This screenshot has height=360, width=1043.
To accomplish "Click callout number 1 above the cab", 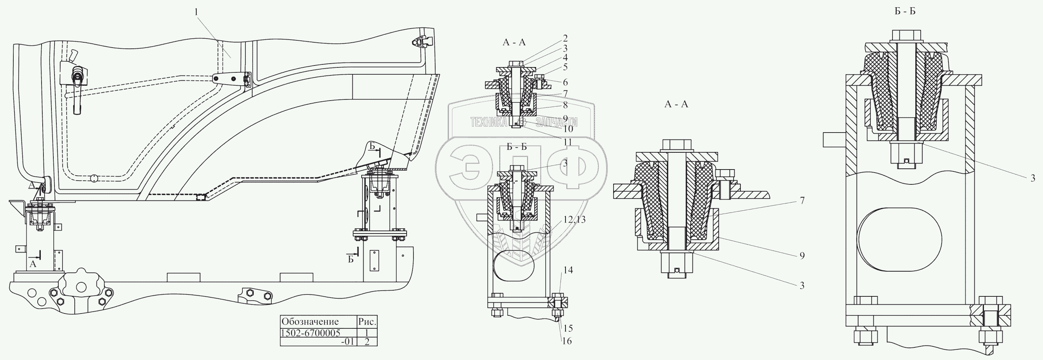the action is click(x=196, y=13).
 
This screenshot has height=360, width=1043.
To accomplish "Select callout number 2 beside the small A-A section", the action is click(x=565, y=38).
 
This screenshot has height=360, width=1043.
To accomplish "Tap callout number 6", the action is click(x=565, y=82).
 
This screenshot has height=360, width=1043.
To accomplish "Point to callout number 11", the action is click(x=567, y=142).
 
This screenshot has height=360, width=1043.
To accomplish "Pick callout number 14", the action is click(x=568, y=270).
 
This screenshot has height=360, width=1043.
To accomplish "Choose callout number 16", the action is click(x=567, y=341).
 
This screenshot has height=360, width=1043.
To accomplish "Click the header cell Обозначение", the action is click(x=310, y=322).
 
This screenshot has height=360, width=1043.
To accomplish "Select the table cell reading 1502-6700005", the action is click(x=311, y=333).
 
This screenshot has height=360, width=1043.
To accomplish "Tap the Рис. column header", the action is click(x=367, y=322).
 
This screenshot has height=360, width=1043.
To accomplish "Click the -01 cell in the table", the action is click(x=348, y=341).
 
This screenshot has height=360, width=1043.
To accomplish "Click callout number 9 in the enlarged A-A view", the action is click(x=802, y=256).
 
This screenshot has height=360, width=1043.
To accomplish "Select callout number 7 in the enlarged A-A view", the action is click(x=802, y=201).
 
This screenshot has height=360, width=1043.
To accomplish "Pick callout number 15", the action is click(x=568, y=328).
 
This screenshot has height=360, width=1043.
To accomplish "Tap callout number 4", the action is click(x=565, y=58).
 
